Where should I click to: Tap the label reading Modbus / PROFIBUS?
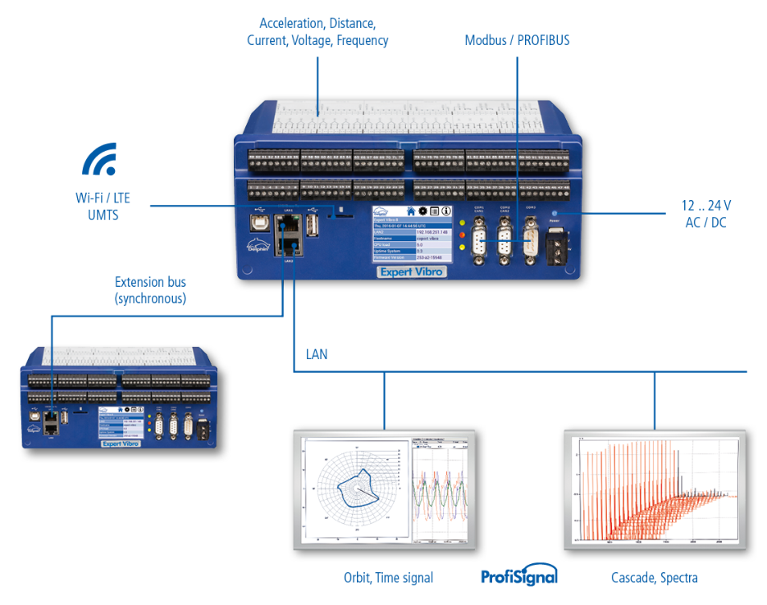[x=517, y=39]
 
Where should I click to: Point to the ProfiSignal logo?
[x=518, y=577]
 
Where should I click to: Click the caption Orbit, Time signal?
[x=389, y=578]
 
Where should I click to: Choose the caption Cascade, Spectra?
[x=654, y=578]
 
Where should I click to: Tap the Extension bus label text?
[x=150, y=283]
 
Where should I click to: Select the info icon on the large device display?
[x=445, y=211]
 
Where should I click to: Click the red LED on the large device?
[x=463, y=235]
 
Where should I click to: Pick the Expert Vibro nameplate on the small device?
[x=120, y=443]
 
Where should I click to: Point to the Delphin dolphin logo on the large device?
[x=257, y=245]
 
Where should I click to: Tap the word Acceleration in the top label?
[x=291, y=22]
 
